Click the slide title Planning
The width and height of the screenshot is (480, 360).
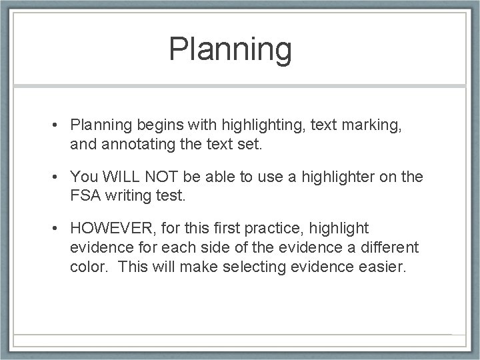(x=230, y=50)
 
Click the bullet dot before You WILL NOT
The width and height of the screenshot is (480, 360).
(x=59, y=177)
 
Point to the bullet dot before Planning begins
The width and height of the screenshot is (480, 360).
(x=59, y=124)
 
